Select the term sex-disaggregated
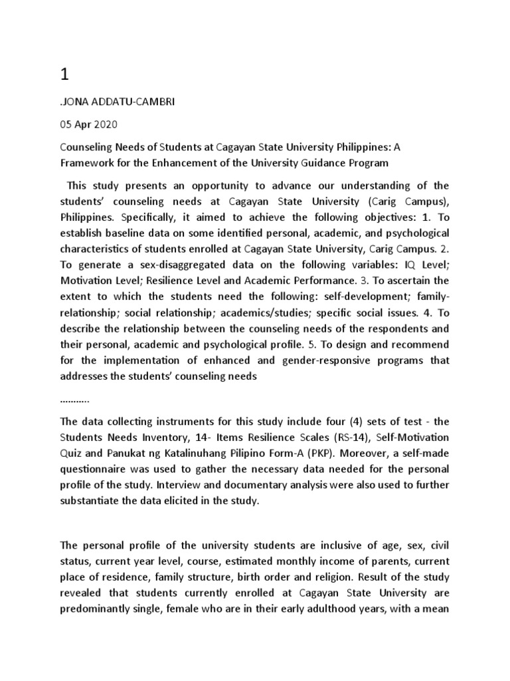(x=172, y=265)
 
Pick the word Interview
(x=200, y=485)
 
